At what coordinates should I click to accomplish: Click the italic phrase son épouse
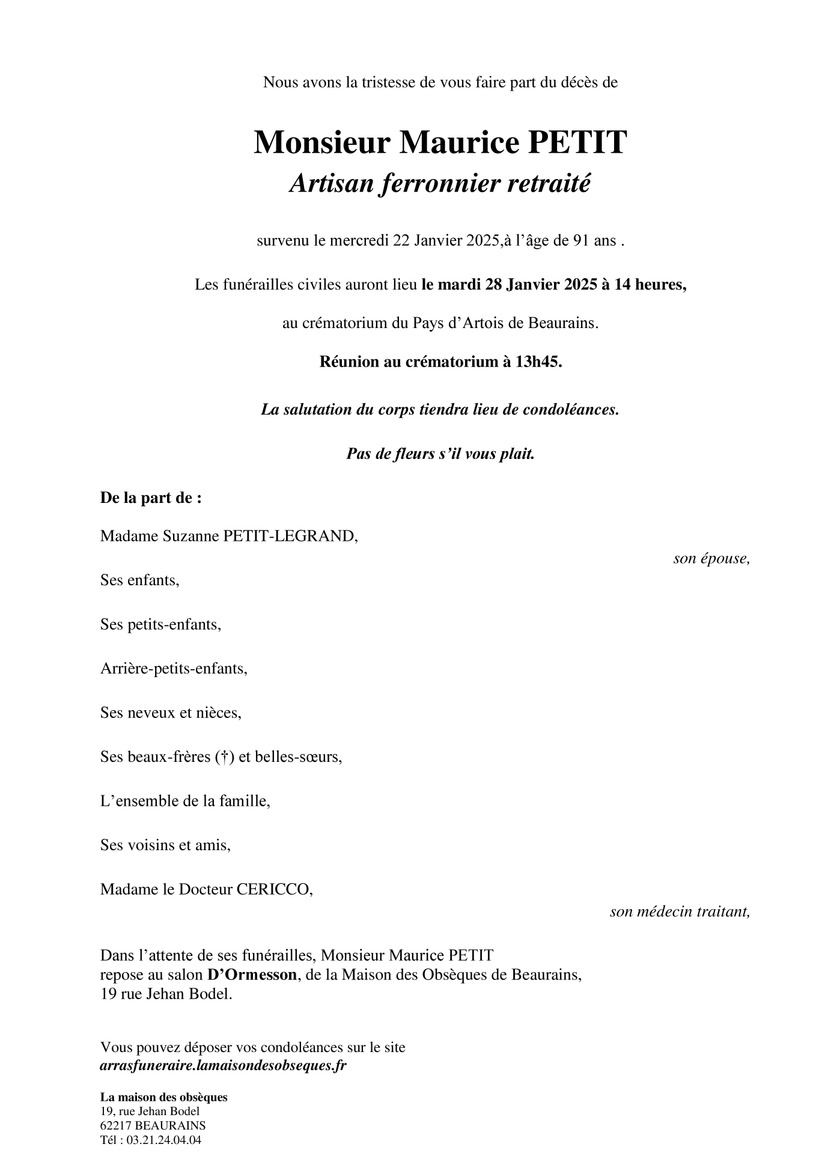(x=711, y=558)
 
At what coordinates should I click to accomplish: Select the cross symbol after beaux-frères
(x=224, y=757)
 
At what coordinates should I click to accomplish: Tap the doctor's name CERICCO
(x=274, y=889)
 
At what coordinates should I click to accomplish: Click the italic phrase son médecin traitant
(x=680, y=911)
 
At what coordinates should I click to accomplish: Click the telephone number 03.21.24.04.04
(x=163, y=1140)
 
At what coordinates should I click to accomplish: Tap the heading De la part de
(x=151, y=498)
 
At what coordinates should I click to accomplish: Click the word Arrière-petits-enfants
(x=174, y=669)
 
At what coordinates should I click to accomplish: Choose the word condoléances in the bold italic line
(x=571, y=410)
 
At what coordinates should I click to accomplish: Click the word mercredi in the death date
(x=359, y=241)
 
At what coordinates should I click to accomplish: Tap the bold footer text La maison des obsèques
(x=164, y=1097)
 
